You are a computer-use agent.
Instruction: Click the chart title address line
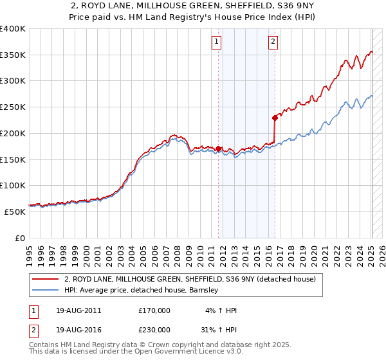pos(192,6)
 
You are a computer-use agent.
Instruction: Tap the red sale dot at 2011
pos(219,148)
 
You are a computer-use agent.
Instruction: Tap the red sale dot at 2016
pos(275,118)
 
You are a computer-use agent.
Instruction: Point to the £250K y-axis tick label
pos(13,107)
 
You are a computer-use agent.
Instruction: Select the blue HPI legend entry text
pos(142,291)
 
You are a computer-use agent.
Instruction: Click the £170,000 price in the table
pos(154,310)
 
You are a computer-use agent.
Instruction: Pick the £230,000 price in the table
pos(154,329)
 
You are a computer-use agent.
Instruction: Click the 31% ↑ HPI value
pos(217,329)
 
